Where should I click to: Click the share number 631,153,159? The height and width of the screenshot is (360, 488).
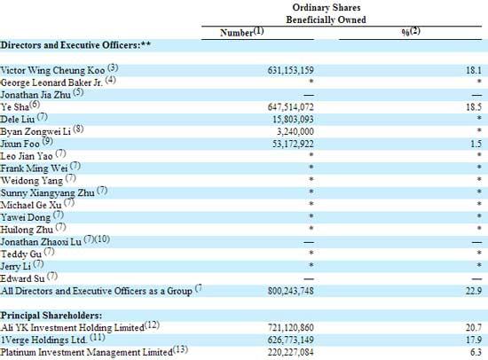pos(291,71)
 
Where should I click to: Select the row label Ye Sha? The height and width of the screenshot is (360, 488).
pos(14,107)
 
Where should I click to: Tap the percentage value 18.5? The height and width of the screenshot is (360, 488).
pos(474,107)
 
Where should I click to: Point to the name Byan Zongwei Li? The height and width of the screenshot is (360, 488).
pos(35,131)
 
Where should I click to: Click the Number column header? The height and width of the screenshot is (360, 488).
pos(237,33)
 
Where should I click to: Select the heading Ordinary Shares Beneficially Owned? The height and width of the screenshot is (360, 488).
pos(327,13)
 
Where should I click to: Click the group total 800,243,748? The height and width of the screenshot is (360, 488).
pos(291,291)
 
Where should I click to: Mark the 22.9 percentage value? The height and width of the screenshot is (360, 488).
pos(474,291)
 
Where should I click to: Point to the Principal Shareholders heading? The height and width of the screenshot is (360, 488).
pos(51,316)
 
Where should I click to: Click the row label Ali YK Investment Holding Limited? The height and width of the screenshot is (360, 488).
pos(72,328)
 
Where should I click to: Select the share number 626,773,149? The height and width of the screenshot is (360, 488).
pos(291,340)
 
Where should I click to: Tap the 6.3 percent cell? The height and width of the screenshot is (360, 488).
pos(476,352)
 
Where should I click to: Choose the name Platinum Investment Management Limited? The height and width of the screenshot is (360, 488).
pos(87,352)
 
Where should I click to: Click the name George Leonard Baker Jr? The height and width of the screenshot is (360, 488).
pos(51,82)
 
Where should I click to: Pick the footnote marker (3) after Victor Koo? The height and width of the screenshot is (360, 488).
pos(113,67)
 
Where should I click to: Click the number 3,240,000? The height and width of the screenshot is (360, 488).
pos(295,131)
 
